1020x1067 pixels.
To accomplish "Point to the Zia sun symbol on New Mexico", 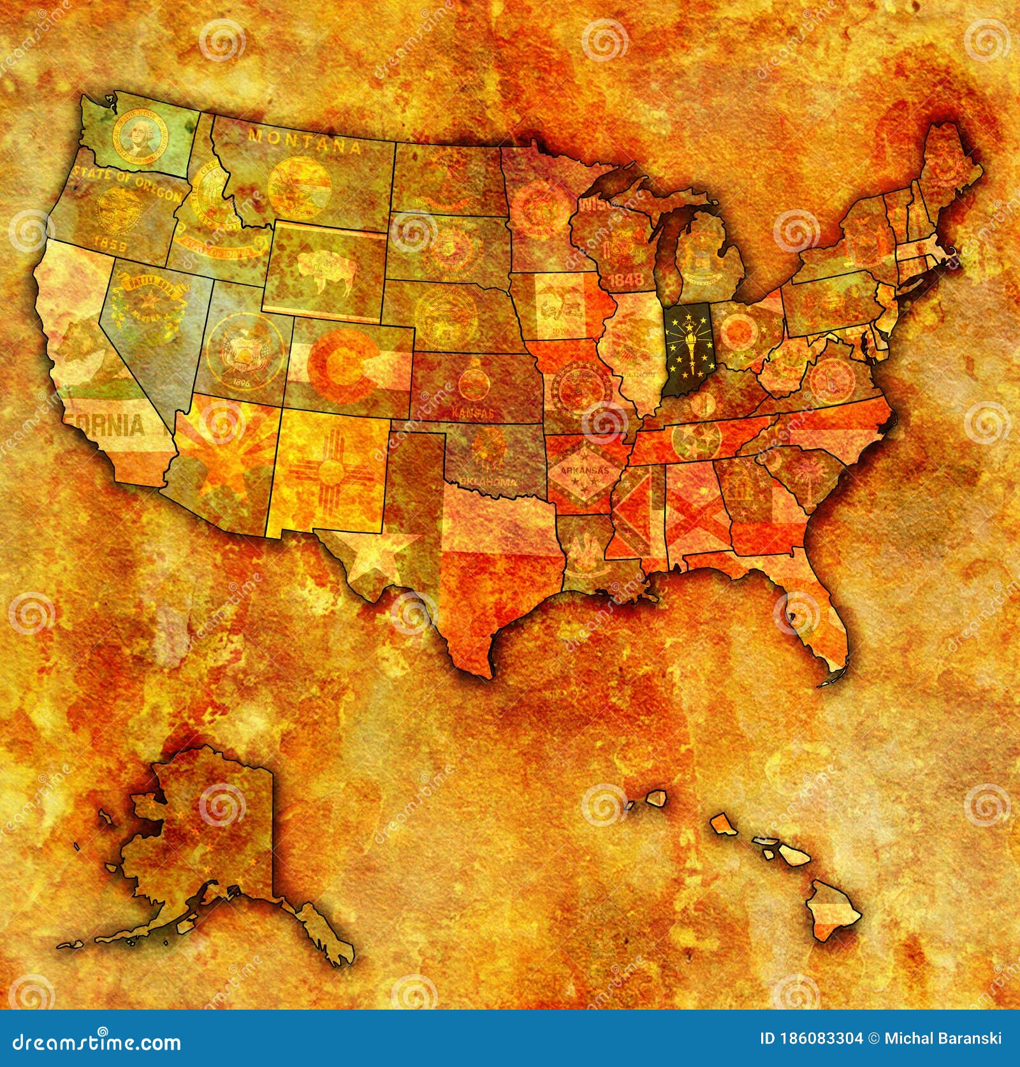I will [x=330, y=473].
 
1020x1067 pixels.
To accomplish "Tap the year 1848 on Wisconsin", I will [x=627, y=279].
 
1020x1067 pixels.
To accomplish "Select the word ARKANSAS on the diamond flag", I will [x=581, y=472].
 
